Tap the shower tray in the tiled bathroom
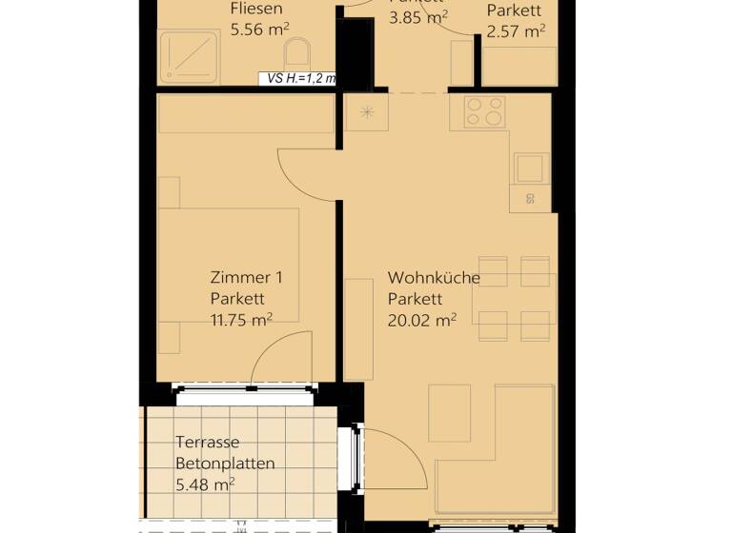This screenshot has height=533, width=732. [188, 58]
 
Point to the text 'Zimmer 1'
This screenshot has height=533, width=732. [246, 278]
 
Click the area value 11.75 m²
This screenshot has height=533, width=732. [241, 320]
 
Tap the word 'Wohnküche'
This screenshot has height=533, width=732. [433, 278]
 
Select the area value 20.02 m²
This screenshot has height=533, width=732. [421, 320]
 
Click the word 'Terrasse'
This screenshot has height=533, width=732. [207, 443]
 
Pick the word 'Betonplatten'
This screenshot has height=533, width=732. [225, 464]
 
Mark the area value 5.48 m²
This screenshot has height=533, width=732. [205, 484]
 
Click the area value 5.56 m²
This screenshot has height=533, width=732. [259, 30]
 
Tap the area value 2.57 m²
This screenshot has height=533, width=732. [516, 31]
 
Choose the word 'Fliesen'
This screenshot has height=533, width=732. [255, 10]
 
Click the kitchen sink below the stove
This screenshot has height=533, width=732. [531, 168]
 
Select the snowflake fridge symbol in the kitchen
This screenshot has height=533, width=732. [366, 112]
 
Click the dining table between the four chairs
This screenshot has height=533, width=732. [513, 297]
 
